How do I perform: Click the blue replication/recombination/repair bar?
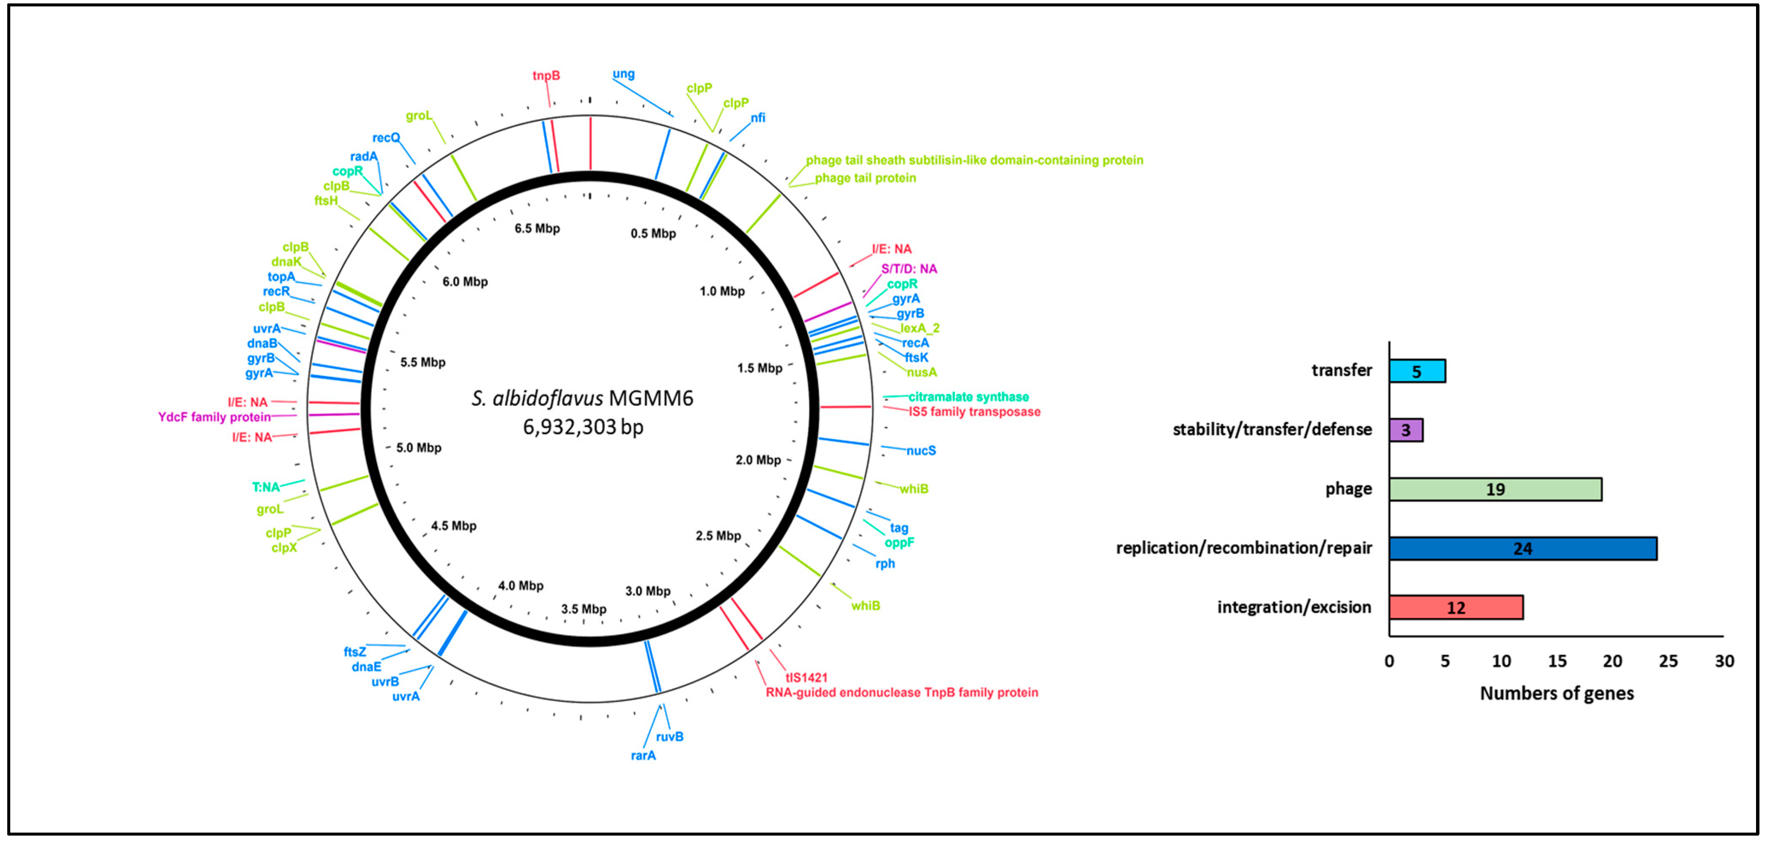[x=1523, y=549]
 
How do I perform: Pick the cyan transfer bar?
[x=1417, y=371]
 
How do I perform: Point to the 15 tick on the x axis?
[x=1557, y=661]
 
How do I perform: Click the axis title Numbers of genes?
[x=1557, y=693]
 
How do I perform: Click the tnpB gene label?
[x=546, y=76]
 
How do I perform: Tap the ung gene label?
[x=624, y=74]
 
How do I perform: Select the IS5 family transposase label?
[x=974, y=411]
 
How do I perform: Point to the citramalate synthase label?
[x=968, y=396]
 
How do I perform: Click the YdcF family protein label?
[x=214, y=417]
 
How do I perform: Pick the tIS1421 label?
[x=806, y=678]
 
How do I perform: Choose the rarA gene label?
[x=643, y=756]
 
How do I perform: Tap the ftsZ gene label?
[x=355, y=651]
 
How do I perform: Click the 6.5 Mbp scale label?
[x=537, y=228]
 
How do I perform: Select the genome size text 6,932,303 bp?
[x=583, y=427]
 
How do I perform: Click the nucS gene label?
[x=921, y=451]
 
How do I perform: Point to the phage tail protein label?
[x=865, y=178]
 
